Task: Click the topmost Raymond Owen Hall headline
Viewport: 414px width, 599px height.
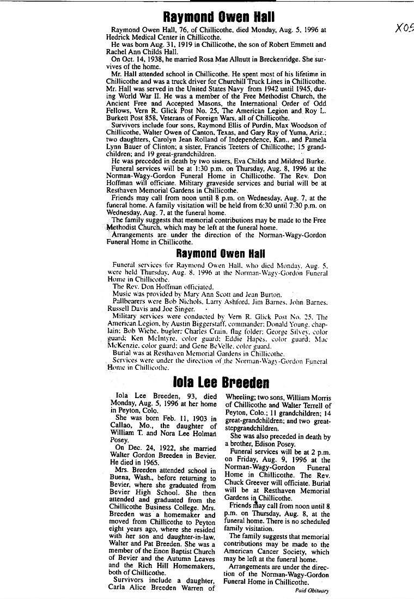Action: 220,17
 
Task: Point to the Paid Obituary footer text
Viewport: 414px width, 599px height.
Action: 312,590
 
